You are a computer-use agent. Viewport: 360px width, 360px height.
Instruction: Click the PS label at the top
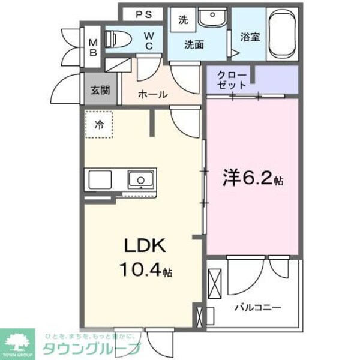point(143,14)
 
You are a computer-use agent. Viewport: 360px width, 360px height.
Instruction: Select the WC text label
point(150,40)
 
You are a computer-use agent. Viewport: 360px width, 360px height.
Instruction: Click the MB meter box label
point(94,46)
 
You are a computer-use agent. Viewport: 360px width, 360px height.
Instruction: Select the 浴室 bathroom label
point(250,37)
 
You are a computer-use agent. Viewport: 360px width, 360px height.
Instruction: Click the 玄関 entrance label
point(100,91)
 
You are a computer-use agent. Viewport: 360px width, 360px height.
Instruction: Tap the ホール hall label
point(152,94)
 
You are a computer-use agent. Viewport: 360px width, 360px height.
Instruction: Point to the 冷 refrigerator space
point(98,125)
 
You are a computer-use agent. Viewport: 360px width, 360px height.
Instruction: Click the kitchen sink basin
point(141,178)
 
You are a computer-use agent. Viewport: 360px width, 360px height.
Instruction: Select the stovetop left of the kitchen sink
point(99,178)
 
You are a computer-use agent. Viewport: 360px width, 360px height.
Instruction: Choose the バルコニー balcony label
point(257,307)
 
